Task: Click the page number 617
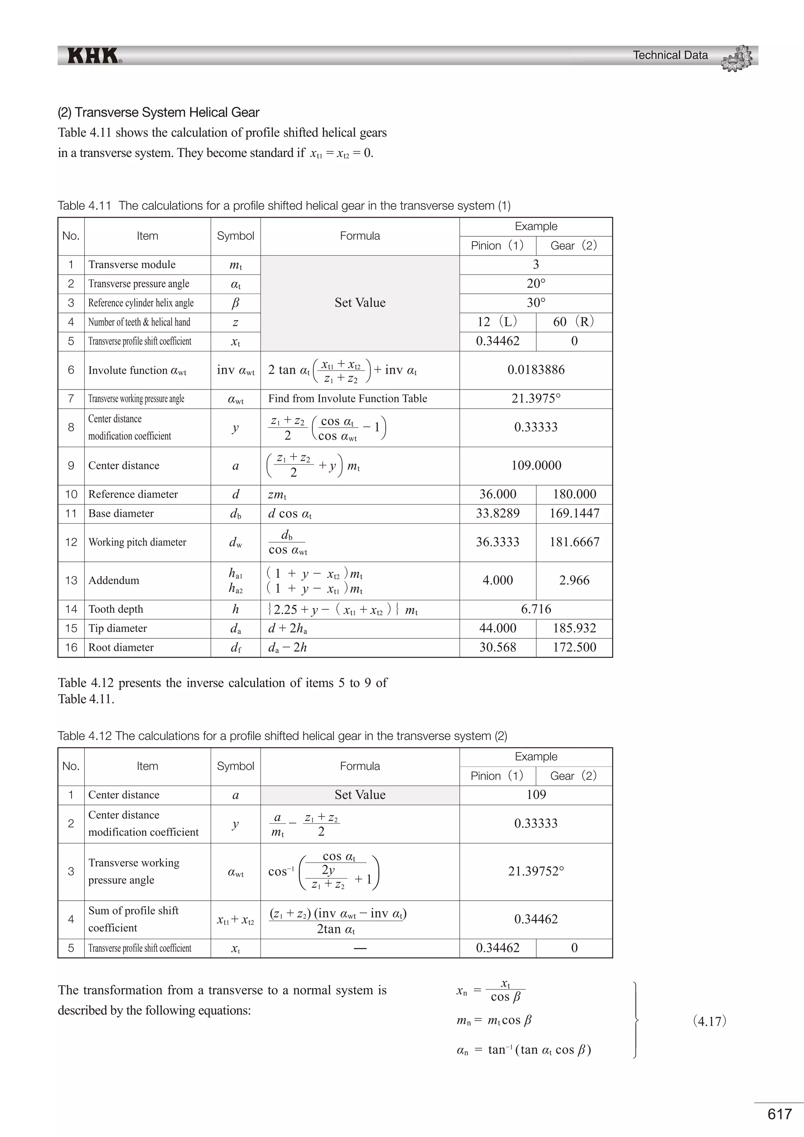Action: [779, 1114]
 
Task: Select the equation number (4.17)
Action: [709, 1021]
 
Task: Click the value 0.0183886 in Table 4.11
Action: [535, 370]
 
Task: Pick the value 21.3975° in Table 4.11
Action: [535, 398]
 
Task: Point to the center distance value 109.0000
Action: [535, 466]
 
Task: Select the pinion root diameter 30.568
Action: [497, 647]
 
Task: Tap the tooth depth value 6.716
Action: [535, 609]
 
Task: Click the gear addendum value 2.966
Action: [574, 580]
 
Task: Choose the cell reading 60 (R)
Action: [574, 322]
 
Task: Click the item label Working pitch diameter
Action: [137, 542]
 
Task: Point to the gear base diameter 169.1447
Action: [574, 514]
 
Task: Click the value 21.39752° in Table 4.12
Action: [535, 871]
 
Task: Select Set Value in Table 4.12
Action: [360, 795]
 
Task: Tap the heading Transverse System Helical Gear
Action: [159, 112]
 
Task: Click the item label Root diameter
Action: [121, 647]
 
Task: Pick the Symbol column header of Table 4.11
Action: [235, 236]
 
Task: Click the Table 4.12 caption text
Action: [282, 736]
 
